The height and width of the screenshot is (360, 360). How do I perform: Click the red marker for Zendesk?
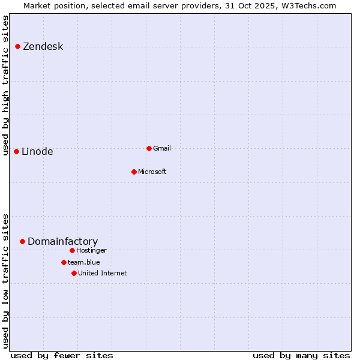pyautogui.click(x=18, y=46)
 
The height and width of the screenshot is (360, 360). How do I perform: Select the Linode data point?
pyautogui.click(x=17, y=151)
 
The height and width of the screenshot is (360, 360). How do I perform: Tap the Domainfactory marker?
pyautogui.click(x=23, y=241)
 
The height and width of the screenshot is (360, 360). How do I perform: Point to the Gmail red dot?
pyautogui.click(x=149, y=148)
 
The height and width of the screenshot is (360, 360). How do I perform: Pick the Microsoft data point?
pyautogui.click(x=134, y=172)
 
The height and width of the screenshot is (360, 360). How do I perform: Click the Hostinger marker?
pyautogui.click(x=72, y=250)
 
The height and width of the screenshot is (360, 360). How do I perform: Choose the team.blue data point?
pyautogui.click(x=64, y=262)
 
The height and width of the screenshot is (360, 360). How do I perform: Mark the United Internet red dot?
pyautogui.click(x=74, y=273)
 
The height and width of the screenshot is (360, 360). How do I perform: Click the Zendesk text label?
pyautogui.click(x=43, y=47)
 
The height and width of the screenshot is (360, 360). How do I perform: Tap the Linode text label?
pyautogui.click(x=37, y=152)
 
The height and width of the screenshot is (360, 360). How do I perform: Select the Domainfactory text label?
pyautogui.click(x=62, y=242)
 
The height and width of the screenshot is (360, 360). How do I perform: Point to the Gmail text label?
pyautogui.click(x=162, y=149)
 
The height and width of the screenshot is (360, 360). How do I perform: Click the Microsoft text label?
pyautogui.click(x=152, y=172)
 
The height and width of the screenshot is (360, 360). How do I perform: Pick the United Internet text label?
pyautogui.click(x=102, y=274)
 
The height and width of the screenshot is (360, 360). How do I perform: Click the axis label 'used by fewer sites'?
pyautogui.click(x=62, y=355)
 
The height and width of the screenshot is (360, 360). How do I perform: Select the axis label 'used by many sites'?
pyautogui.click(x=301, y=355)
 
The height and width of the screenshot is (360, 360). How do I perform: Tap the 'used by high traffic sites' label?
pyautogui.click(x=6, y=85)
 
